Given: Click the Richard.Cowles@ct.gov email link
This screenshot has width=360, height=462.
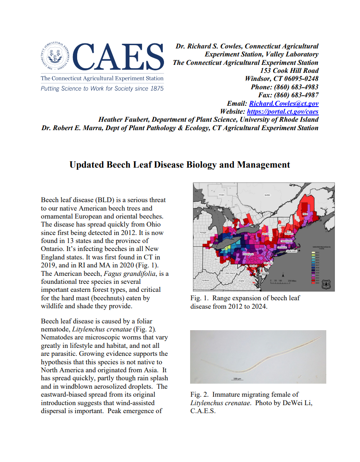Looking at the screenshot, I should [284, 104].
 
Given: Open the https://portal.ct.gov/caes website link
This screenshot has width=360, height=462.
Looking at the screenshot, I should [282, 112].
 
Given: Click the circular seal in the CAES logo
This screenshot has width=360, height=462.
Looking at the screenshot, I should [56, 58].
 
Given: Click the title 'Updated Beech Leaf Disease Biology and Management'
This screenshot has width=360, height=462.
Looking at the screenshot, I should [180, 165].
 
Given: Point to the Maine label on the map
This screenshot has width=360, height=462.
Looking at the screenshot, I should [305, 214].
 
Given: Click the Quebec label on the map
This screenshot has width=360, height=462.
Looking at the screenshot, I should [267, 195].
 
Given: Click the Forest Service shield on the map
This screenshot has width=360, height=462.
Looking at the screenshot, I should [327, 284].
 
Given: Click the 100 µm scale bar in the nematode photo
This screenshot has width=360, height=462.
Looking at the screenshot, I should [236, 378].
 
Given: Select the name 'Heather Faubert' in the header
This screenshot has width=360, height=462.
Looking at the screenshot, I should [123, 120].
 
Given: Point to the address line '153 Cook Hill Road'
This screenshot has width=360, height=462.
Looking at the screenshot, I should [289, 70].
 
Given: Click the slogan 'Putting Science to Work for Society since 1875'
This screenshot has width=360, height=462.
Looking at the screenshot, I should [102, 88].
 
